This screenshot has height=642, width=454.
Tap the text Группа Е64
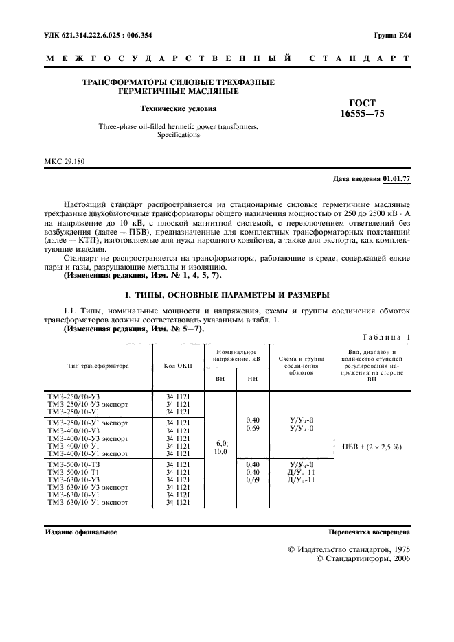[391, 35]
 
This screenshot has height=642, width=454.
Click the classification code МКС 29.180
[66, 162]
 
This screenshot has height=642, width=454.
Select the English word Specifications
[178, 135]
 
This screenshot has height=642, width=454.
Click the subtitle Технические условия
[178, 108]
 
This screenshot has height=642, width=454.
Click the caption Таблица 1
[385, 337]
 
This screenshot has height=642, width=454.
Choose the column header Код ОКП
[178, 366]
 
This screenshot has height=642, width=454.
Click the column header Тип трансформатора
[98, 366]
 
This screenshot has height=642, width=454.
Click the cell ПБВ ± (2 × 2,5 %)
[372, 446]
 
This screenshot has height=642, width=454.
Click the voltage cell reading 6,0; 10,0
[221, 448]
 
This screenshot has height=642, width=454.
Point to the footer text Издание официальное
[81, 532]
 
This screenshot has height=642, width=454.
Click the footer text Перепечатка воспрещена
[369, 532]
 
